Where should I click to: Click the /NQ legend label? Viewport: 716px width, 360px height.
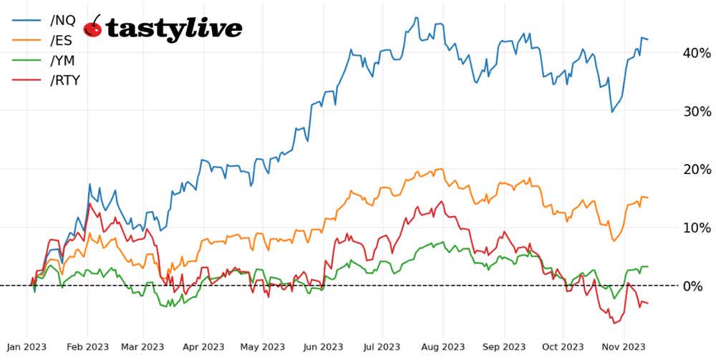pyautogui.click(x=63, y=21)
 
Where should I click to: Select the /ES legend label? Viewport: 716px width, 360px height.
pyautogui.click(x=62, y=41)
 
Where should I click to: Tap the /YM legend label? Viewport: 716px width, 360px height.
pyautogui.click(x=62, y=61)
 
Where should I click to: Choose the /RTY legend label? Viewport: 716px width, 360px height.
pyautogui.click(x=65, y=80)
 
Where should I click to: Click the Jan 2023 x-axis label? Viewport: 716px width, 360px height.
pyautogui.click(x=26, y=346)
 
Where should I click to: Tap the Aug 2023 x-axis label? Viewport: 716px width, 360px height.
pyautogui.click(x=442, y=346)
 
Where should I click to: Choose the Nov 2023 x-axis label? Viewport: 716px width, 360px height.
pyautogui.click(x=623, y=346)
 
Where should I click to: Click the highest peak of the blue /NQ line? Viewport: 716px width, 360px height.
pyautogui.click(x=416, y=18)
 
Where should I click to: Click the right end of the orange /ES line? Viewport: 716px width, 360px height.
pyautogui.click(x=648, y=198)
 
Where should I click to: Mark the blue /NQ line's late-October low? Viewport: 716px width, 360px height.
pyautogui.click(x=611, y=112)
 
